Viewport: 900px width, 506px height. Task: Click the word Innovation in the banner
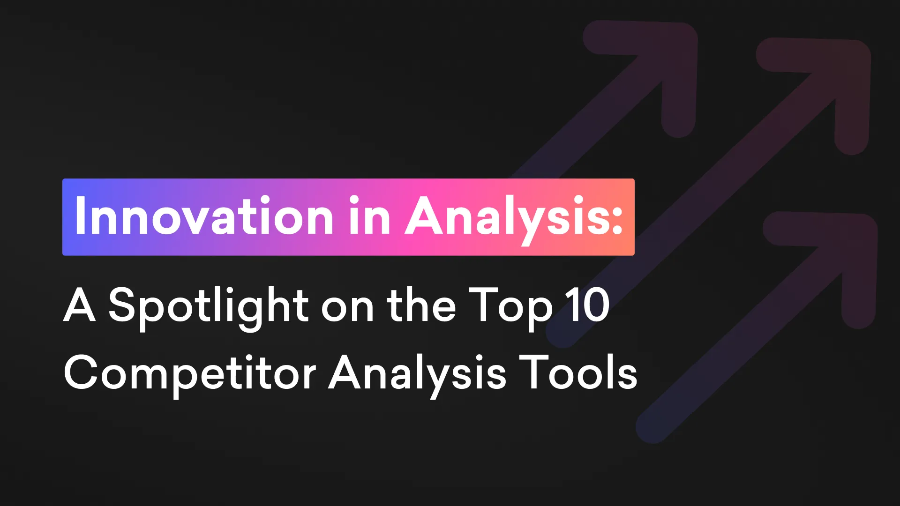204,216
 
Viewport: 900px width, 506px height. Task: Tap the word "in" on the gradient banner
369,216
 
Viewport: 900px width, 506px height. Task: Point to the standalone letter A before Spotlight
80,305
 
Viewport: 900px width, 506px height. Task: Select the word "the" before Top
421,305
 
